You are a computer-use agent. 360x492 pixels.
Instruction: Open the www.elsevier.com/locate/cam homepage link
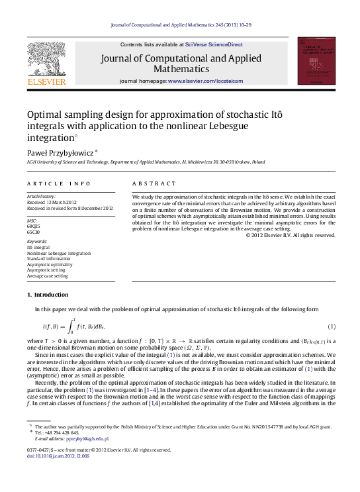click(205, 81)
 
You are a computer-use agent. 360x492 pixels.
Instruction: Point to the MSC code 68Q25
click(34, 226)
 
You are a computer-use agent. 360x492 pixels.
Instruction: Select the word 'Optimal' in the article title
click(45, 114)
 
